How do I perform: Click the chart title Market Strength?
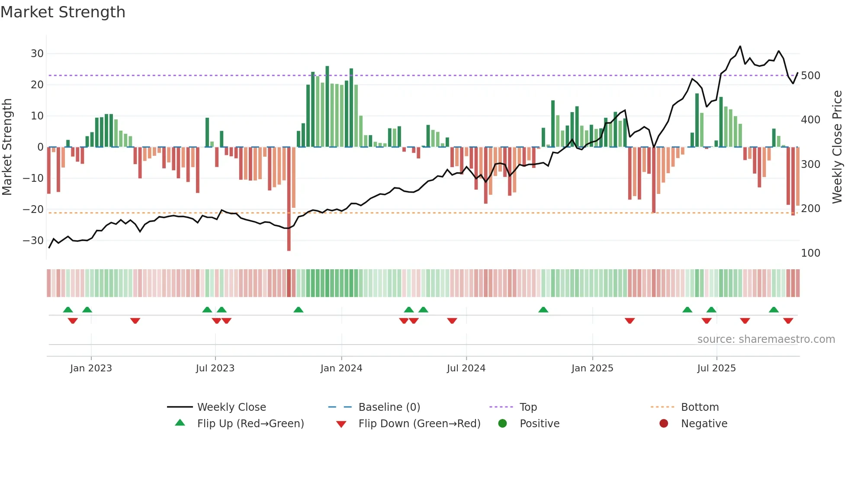63,12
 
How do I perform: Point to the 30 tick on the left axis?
37,54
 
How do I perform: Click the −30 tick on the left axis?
33,241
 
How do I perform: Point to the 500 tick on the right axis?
810,76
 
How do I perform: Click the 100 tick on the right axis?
810,253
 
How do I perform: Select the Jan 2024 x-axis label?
341,368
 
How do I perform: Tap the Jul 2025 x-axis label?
716,368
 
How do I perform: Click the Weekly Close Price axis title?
837,147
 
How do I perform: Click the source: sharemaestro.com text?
766,339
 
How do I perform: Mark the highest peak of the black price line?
740,46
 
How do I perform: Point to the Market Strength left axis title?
7,147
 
